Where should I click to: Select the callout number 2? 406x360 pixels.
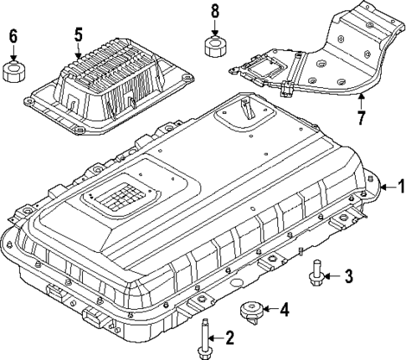(229, 337)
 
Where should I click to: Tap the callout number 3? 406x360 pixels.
(350, 275)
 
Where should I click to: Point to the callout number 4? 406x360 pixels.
(283, 311)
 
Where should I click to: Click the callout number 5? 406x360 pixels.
(78, 35)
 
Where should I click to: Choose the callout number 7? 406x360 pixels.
(361, 116)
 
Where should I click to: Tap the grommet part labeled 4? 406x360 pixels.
(249, 312)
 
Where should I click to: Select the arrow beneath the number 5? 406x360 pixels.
(78, 50)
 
